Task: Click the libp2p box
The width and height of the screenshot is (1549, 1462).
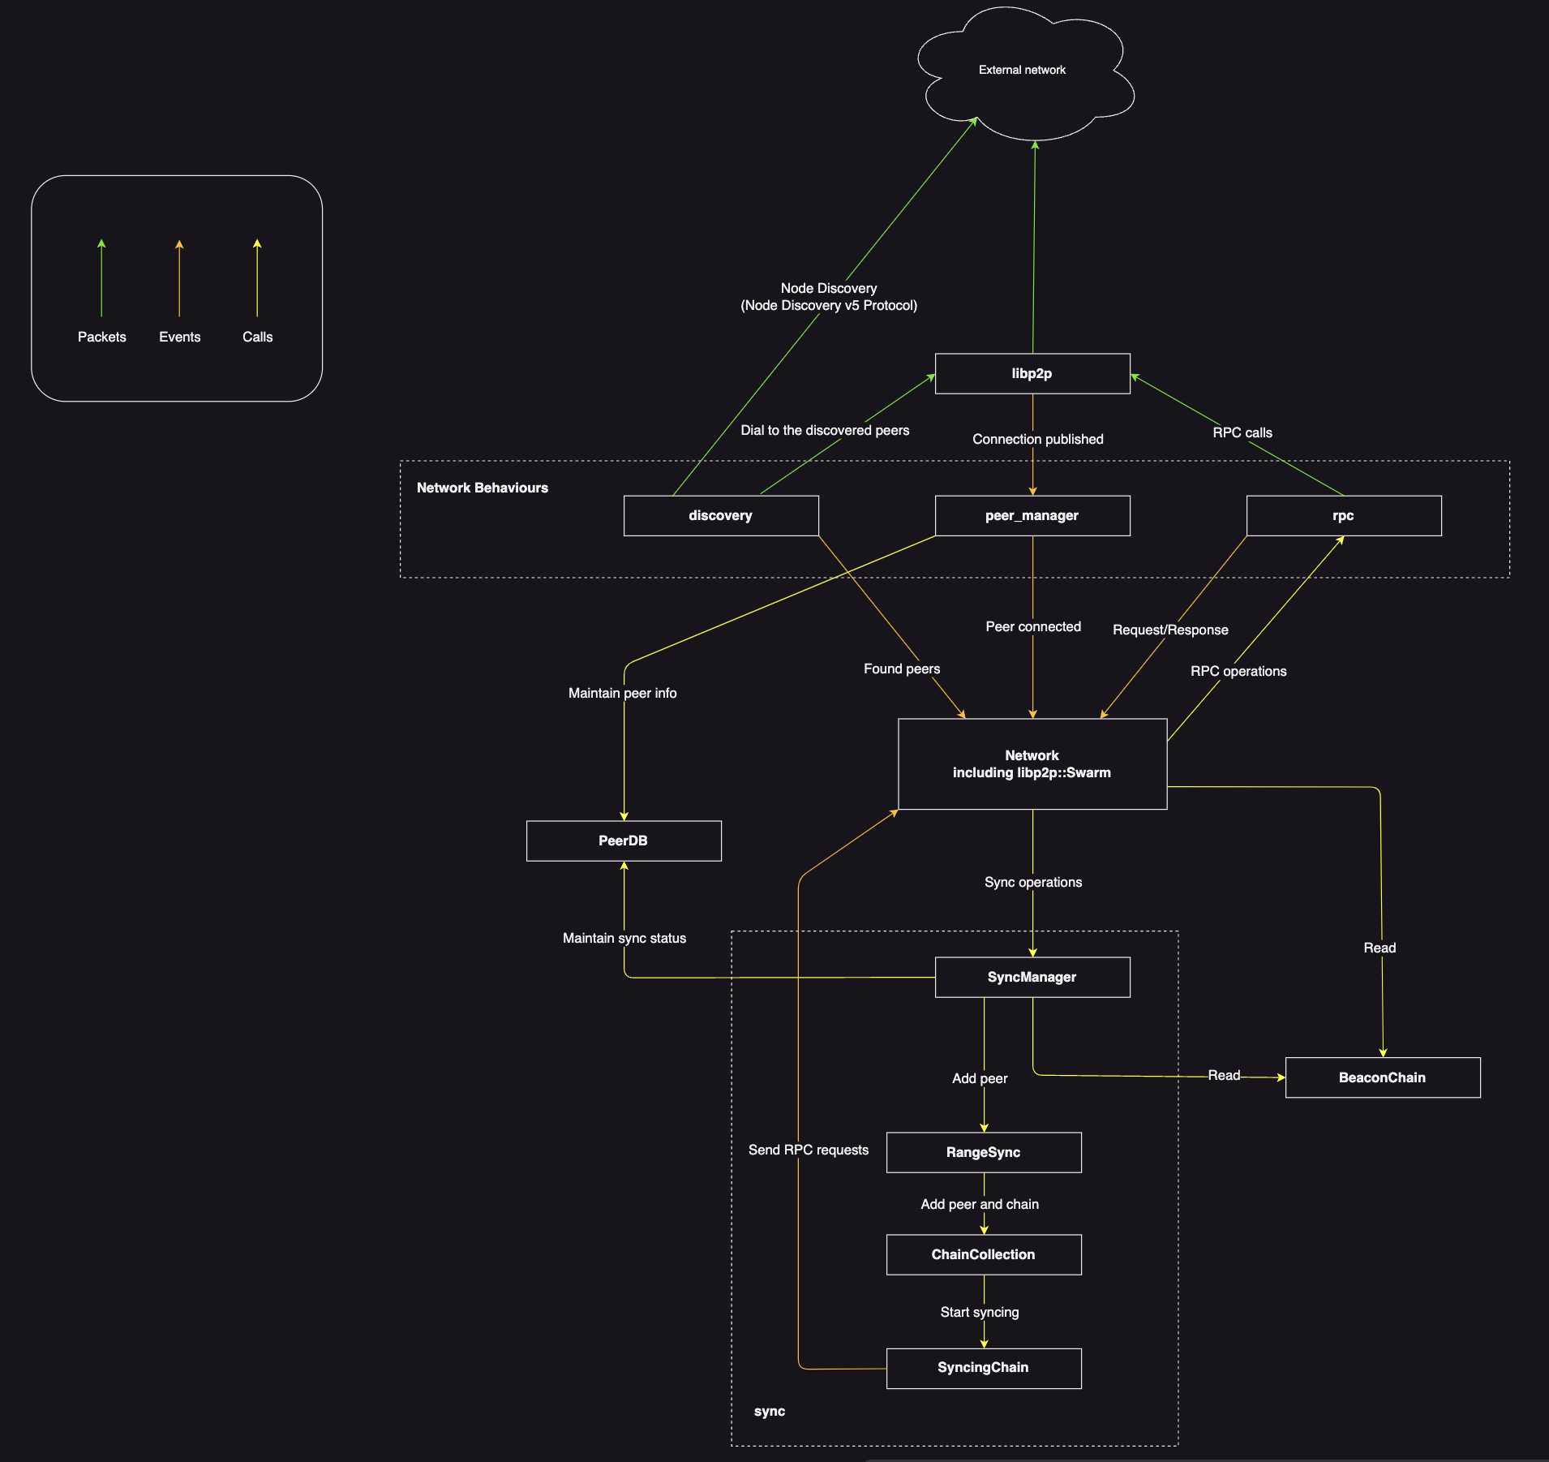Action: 1032,373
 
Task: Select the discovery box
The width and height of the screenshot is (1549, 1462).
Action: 720,515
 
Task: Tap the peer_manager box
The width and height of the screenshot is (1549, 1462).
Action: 1032,515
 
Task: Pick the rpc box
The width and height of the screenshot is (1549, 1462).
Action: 1343,515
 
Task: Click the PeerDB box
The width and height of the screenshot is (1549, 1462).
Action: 623,841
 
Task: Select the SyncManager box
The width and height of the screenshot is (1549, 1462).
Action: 1032,977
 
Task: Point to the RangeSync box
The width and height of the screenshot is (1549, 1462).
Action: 983,1152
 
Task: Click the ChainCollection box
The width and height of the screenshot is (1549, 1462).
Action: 983,1254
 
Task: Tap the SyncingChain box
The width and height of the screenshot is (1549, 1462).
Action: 983,1368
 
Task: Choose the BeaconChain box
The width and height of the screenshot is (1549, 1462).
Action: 1382,1077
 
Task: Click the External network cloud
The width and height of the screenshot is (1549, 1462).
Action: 1022,71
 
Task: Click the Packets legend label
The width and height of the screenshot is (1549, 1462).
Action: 102,337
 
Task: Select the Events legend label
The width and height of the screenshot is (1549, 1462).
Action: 180,337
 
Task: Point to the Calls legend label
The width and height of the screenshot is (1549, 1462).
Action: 258,337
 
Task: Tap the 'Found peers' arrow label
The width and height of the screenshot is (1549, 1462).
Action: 902,669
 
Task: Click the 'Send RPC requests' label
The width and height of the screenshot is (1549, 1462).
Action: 809,1150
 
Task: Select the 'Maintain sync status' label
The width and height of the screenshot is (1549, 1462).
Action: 624,938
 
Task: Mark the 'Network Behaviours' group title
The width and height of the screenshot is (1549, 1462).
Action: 483,488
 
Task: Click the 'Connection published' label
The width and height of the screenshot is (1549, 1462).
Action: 1038,439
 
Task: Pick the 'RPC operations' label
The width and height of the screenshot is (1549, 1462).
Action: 1238,671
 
